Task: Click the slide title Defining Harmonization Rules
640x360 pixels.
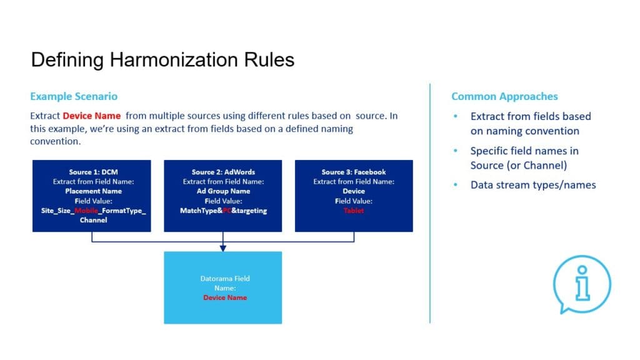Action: click(162, 60)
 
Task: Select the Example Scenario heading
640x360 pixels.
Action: click(74, 96)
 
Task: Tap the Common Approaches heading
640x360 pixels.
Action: click(504, 96)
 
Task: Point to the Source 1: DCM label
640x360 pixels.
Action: click(91, 172)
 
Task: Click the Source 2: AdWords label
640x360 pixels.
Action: click(223, 172)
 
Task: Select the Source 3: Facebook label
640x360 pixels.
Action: click(354, 172)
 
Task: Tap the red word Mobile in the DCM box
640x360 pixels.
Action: click(86, 211)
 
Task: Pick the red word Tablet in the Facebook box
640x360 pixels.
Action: click(354, 211)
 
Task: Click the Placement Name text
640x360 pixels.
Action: click(91, 191)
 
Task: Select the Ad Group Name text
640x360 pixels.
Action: click(223, 191)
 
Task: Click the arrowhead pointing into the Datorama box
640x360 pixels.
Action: click(223, 248)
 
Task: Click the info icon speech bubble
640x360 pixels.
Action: click(582, 285)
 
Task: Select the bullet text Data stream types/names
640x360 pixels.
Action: click(533, 184)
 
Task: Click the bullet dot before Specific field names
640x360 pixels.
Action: click(456, 151)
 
